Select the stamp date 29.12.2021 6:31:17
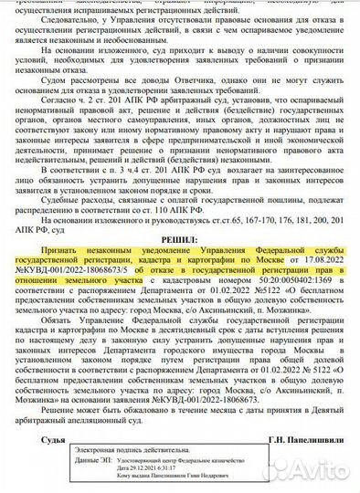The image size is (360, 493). [x=159, y=472]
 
